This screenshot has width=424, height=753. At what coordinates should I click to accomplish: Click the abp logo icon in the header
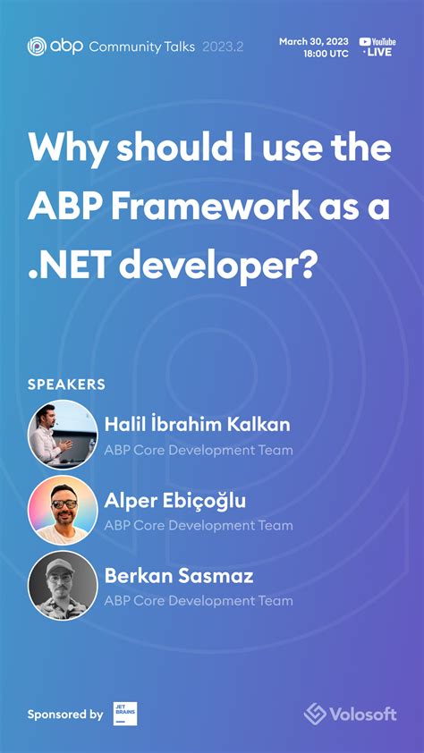tap(36, 47)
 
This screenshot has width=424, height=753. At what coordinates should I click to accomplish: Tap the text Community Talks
tap(141, 47)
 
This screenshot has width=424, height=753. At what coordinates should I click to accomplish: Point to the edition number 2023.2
tap(223, 47)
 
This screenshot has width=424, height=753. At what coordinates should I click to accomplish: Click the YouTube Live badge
tap(377, 47)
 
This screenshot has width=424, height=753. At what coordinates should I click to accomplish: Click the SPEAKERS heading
tap(66, 385)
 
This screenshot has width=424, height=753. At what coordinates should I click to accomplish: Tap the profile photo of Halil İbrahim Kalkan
tap(63, 435)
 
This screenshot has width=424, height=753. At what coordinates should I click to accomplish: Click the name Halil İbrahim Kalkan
tap(197, 425)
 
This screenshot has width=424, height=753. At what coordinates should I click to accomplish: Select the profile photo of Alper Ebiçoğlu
tap(63, 510)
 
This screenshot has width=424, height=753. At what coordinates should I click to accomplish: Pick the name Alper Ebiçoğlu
tap(174, 500)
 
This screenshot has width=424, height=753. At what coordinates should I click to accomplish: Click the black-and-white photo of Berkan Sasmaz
tap(63, 585)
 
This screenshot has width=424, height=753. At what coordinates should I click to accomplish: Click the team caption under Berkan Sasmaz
tap(198, 601)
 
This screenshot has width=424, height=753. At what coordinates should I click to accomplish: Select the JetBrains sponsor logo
tap(125, 714)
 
